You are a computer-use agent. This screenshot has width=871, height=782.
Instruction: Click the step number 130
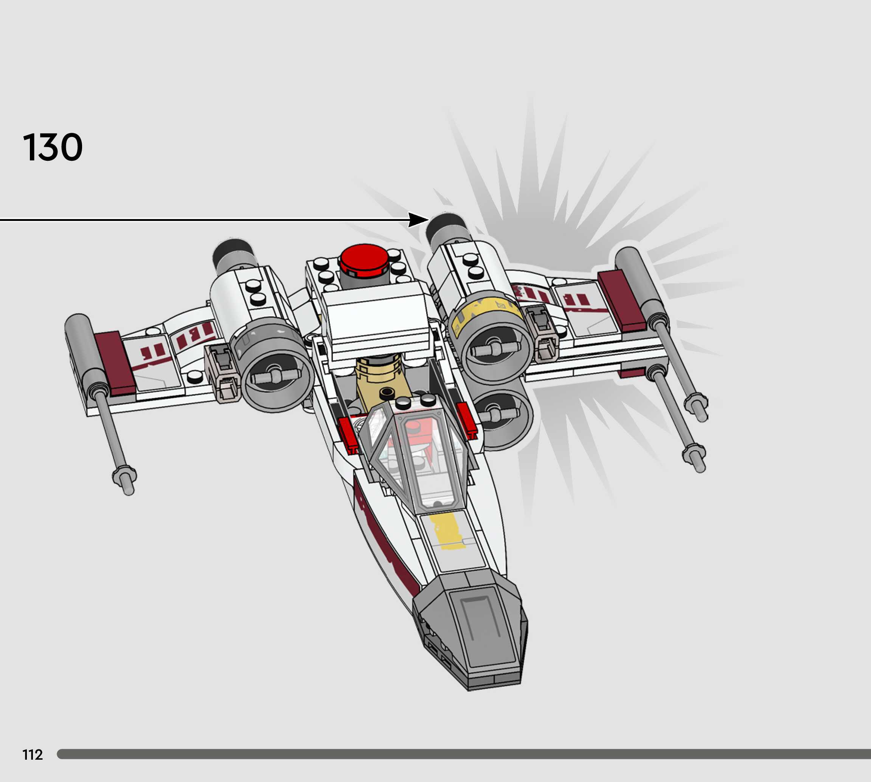[53, 148]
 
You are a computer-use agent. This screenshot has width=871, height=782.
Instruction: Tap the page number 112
[32, 754]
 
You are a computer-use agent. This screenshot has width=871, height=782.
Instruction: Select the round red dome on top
[364, 259]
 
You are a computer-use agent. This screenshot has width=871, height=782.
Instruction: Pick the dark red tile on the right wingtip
[621, 301]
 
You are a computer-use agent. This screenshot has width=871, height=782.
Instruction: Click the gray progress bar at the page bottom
[464, 754]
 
